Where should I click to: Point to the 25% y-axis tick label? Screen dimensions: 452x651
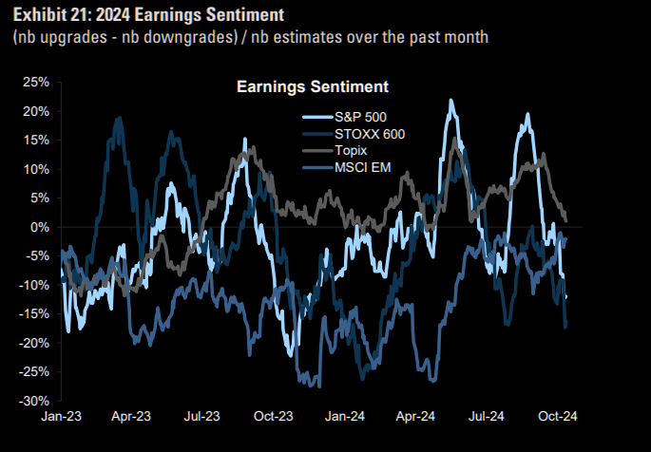click(35, 82)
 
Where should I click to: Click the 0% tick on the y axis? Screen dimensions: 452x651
click(39, 227)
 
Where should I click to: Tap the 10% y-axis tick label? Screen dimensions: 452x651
click(35, 169)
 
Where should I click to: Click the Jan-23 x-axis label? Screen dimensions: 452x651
click(61, 416)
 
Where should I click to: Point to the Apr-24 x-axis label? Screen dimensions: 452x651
click(416, 416)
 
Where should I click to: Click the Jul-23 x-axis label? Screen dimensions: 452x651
click(202, 416)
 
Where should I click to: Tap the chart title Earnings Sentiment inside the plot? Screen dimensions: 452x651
click(312, 87)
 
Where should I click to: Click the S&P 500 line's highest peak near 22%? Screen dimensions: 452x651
click(451, 100)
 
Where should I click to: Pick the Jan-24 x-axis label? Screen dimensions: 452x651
click(345, 416)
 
